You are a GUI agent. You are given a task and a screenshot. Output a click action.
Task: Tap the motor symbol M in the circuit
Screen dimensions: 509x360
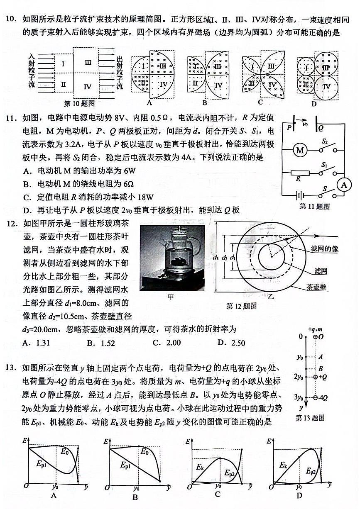(x=300, y=150)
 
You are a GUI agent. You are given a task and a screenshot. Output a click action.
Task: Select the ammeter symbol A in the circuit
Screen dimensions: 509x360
(x=344, y=185)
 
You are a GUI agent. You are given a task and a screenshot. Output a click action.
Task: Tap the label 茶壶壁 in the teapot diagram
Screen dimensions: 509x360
(x=317, y=287)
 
